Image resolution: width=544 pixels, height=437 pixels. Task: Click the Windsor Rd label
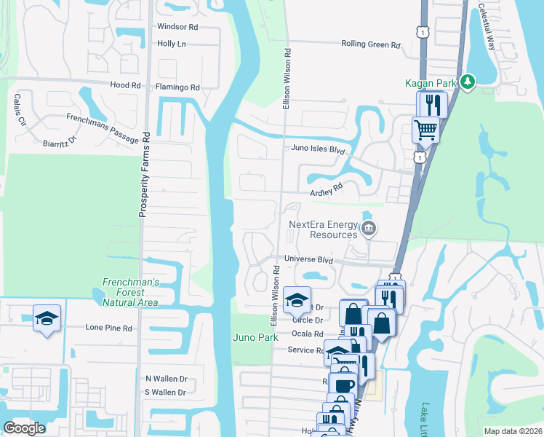(177, 27)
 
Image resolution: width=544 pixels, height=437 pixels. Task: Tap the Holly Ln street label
(172, 44)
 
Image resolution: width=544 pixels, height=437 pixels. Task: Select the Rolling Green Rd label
(371, 44)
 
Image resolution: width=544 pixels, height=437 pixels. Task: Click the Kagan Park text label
(431, 83)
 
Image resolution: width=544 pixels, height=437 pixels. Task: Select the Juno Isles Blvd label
(316, 149)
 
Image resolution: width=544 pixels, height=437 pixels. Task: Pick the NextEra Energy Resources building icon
(368, 230)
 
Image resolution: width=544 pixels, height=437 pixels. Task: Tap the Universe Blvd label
(308, 259)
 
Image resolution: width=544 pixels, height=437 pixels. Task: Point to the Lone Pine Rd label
(109, 328)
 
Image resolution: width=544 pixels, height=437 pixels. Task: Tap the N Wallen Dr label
(167, 379)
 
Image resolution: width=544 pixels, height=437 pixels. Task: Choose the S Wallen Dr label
(167, 393)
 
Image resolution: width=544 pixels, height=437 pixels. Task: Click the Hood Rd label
(126, 85)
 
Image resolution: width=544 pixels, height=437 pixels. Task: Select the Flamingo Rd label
(177, 87)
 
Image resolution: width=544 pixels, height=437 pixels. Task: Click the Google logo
(25, 428)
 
